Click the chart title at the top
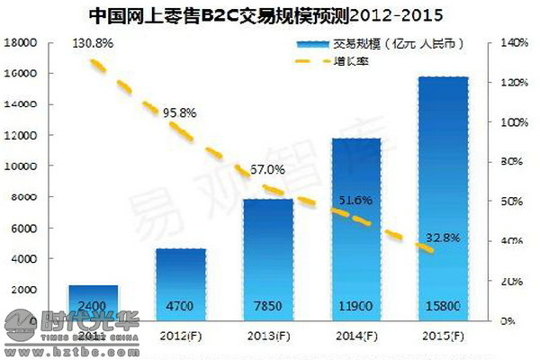[x=269, y=15]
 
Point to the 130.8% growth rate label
[x=94, y=43]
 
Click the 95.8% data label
[x=180, y=112]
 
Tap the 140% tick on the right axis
[x=510, y=42]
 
